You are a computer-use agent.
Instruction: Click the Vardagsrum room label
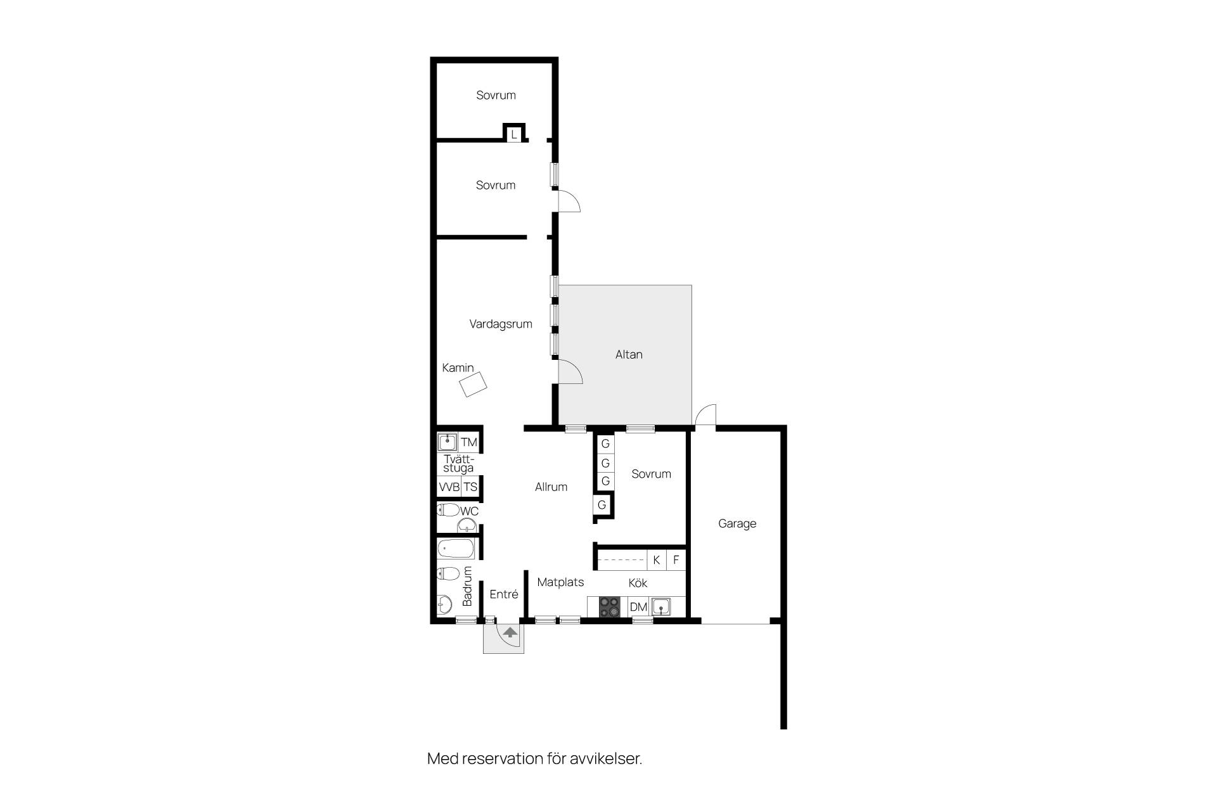coord(501,324)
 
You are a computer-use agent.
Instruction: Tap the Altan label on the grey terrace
coord(629,355)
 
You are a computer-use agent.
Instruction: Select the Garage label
coord(737,524)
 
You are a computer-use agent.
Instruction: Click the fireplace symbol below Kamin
coord(473,384)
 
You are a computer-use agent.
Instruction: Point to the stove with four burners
coord(610,607)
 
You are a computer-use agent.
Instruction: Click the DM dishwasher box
coord(638,607)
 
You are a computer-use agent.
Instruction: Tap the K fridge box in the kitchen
coord(657,560)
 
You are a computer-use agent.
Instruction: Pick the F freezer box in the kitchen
coord(676,560)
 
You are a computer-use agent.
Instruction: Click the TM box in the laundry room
coord(468,442)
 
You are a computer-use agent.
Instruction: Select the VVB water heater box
coord(449,487)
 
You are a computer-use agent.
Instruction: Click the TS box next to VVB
coord(470,487)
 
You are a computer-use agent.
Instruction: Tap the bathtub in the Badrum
coord(456,549)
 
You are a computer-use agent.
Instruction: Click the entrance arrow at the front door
coord(510,632)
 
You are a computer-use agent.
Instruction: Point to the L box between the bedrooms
coord(514,134)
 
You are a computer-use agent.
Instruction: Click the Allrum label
coord(551,487)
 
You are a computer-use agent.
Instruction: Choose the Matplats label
coord(560,582)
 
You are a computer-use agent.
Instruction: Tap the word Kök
coord(638,583)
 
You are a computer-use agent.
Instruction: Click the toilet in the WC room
coord(449,509)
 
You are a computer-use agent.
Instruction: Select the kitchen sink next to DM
coord(661,607)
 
